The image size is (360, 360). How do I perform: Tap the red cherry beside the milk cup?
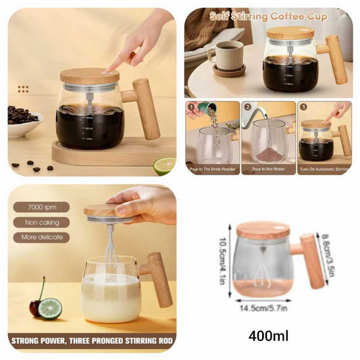[35, 308]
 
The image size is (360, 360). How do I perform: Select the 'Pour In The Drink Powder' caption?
[211, 169]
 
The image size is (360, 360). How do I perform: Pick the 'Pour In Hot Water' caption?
[267, 169]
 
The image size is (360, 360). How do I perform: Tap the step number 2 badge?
[247, 107]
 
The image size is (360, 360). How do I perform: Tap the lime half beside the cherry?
[49, 309]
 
